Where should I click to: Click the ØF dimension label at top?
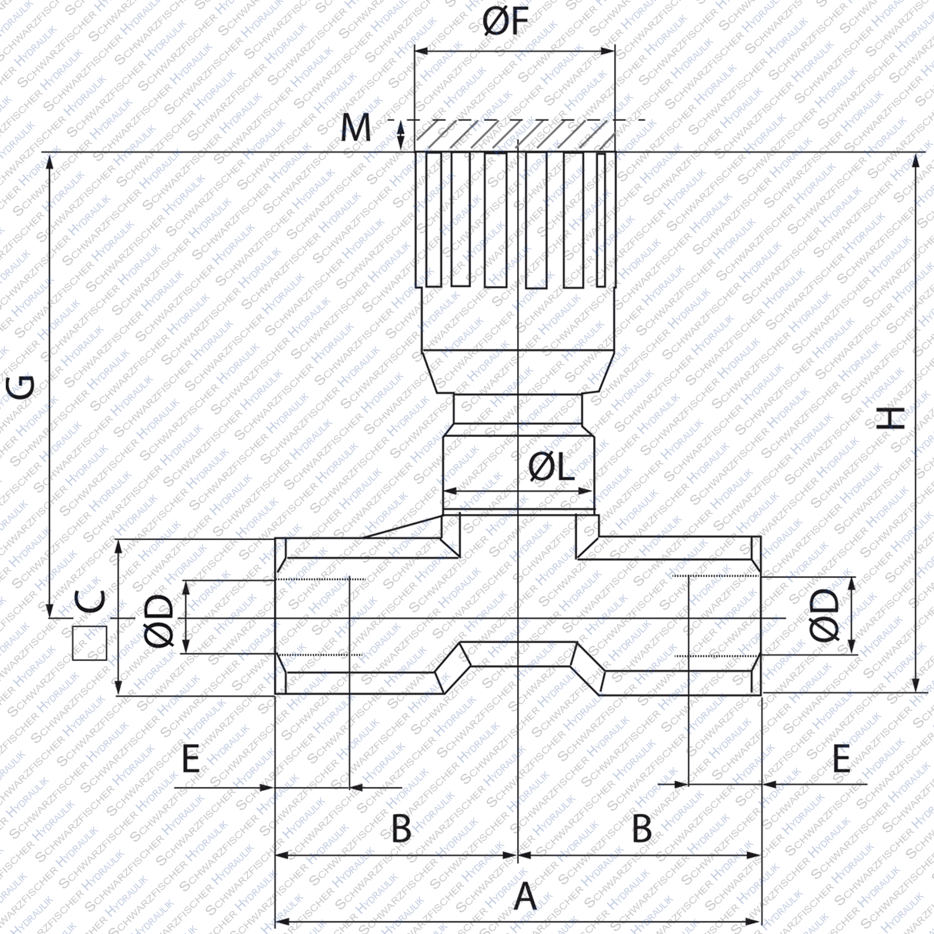tap(507, 22)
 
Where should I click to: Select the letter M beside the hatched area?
tap(355, 128)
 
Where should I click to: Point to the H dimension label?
tap(892, 418)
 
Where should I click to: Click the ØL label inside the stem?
tap(551, 467)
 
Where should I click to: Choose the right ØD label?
tap(824, 615)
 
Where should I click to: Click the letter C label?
tap(91, 601)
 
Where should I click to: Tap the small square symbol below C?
tap(89, 643)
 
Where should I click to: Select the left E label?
tap(191, 760)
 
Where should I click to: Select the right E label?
tap(842, 760)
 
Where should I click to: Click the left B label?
tap(401, 829)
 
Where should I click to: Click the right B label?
tap(642, 829)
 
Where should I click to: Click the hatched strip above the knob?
tap(514, 136)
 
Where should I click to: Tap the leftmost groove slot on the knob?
tap(433, 219)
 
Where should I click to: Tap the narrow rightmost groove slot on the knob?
tap(601, 219)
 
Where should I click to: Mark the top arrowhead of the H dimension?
tap(916, 160)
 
